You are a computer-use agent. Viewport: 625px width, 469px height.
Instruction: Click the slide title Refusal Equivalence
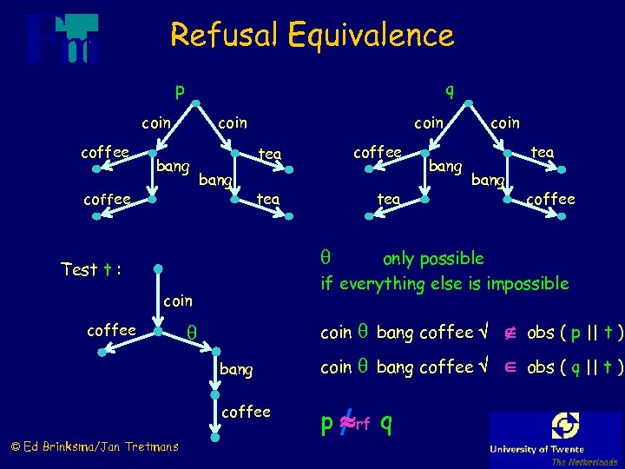pyautogui.click(x=312, y=36)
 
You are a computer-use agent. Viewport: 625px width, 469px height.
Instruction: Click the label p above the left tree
pyautogui.click(x=179, y=89)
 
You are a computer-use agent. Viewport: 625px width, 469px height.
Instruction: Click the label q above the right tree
pyautogui.click(x=449, y=89)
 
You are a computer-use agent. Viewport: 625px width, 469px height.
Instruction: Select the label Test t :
pyautogui.click(x=90, y=269)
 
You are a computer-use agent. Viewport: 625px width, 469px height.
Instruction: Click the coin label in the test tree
pyautogui.click(x=178, y=301)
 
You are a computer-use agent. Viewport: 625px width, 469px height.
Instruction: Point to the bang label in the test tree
pyautogui.click(x=237, y=370)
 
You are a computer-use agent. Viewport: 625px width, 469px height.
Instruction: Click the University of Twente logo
pyautogui.click(x=556, y=438)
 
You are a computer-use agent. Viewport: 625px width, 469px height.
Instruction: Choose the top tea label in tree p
pyautogui.click(x=270, y=154)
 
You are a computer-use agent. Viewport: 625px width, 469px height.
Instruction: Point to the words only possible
pyautogui.click(x=433, y=259)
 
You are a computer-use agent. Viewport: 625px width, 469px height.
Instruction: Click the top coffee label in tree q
pyautogui.click(x=377, y=152)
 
